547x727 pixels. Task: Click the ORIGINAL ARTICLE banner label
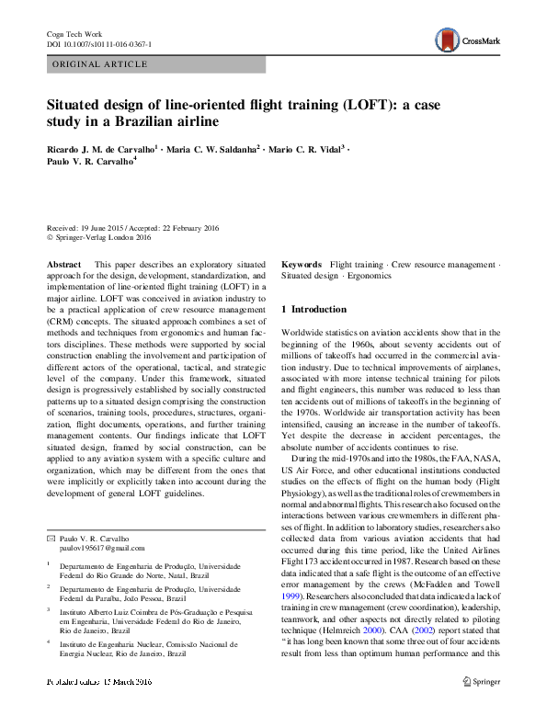(x=101, y=64)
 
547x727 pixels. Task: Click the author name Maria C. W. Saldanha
(x=213, y=147)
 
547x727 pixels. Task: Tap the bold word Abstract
(x=63, y=264)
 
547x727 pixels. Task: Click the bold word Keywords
(x=301, y=264)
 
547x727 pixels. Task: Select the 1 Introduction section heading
(x=313, y=310)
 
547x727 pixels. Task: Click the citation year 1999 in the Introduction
(x=291, y=596)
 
